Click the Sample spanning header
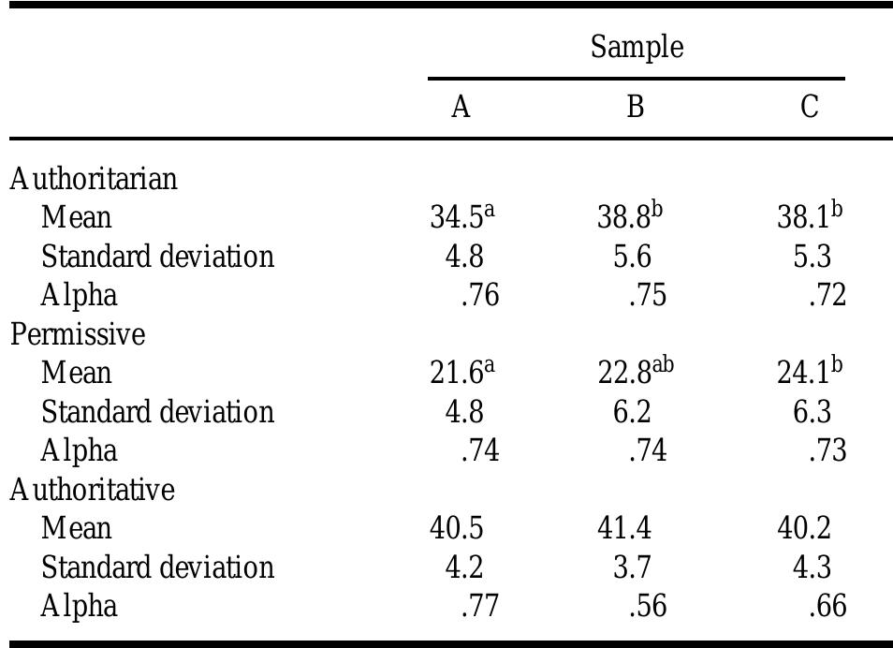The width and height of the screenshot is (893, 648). (637, 47)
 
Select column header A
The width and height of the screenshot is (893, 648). (460, 108)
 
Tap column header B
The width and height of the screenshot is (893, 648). (635, 108)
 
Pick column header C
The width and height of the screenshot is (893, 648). (810, 108)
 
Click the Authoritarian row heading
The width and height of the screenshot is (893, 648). (94, 179)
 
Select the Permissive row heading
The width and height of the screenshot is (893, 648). (79, 334)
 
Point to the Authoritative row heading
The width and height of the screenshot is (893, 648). (93, 490)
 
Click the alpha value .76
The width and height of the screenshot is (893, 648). (480, 296)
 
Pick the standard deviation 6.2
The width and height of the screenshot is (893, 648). (633, 412)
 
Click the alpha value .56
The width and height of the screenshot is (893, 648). (648, 607)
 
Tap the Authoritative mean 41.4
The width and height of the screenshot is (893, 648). (624, 529)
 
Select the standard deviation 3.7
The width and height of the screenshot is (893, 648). (633, 568)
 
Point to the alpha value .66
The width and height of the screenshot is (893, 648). (827, 607)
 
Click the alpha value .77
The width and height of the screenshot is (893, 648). (480, 607)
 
